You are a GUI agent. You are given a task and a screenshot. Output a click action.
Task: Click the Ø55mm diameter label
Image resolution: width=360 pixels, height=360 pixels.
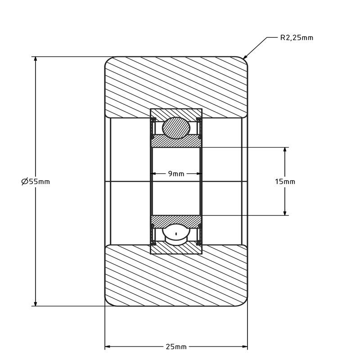pyautogui.click(x=36, y=182)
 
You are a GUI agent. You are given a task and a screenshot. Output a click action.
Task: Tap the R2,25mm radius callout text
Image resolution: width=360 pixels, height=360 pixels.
pyautogui.click(x=297, y=38)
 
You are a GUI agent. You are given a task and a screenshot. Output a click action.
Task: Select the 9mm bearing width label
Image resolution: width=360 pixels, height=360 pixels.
pyautogui.click(x=176, y=174)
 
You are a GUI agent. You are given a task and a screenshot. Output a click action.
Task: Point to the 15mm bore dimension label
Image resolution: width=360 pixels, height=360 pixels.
pyautogui.click(x=285, y=182)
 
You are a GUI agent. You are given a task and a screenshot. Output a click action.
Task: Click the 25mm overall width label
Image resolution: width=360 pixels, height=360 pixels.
pyautogui.click(x=176, y=346)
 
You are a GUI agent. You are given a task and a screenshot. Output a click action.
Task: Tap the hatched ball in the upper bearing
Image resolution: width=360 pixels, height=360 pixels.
pyautogui.click(x=176, y=128)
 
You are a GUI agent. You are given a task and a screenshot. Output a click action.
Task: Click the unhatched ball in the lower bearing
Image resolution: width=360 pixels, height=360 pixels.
pyautogui.click(x=176, y=234)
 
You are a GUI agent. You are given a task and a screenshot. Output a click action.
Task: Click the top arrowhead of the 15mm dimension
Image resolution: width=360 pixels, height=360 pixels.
pyautogui.click(x=285, y=150)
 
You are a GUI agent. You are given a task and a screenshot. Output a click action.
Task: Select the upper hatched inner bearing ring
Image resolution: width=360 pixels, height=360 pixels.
pyautogui.click(x=176, y=141)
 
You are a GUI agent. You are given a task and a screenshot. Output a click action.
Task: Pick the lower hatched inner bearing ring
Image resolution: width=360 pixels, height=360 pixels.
pyautogui.click(x=176, y=221)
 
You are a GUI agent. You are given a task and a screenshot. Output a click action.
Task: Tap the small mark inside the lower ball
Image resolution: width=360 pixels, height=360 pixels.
pyautogui.click(x=176, y=234)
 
